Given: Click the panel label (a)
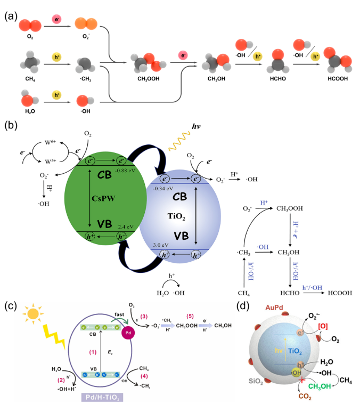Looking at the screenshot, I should (x=10, y=15).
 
